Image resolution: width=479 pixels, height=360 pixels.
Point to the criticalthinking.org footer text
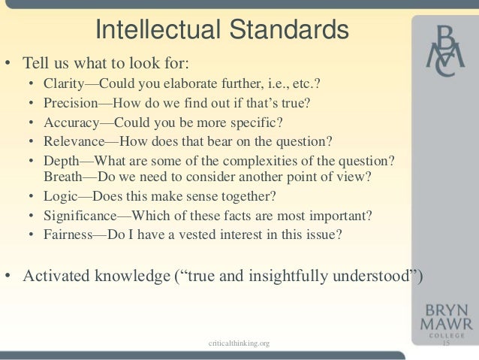click(x=239, y=343)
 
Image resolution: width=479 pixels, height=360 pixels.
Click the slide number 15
click(x=444, y=343)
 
